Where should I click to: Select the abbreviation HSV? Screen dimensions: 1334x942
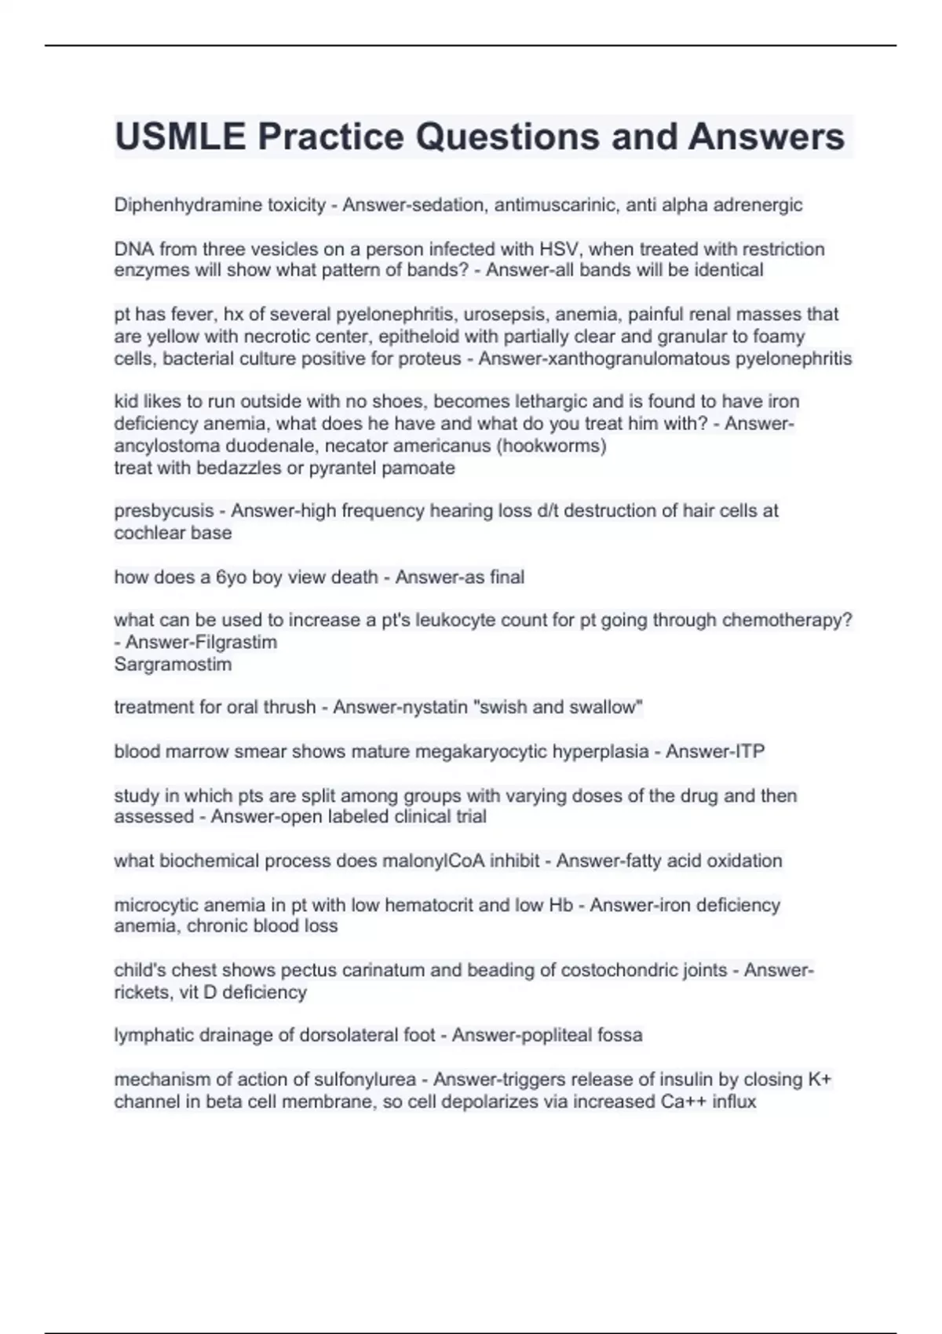558,249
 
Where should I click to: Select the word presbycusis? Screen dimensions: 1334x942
163,511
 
